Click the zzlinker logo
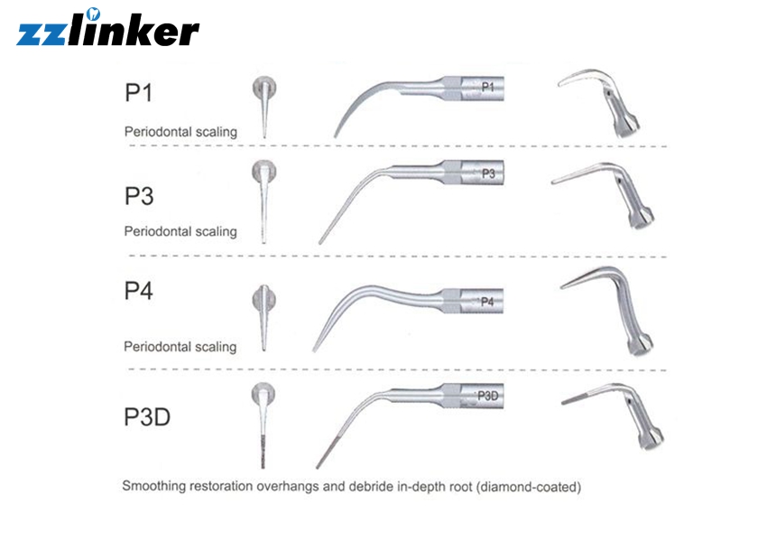point(107,28)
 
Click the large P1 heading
point(139,92)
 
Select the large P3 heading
point(139,196)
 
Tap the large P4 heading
point(139,291)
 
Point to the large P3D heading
point(147,416)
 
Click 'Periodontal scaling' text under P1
point(180,132)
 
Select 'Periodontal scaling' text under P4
point(180,347)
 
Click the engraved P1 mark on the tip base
point(488,87)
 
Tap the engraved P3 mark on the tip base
point(488,173)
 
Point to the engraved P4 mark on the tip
point(487,302)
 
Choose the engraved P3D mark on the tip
point(488,396)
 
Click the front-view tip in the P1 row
point(264,107)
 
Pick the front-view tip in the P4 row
point(264,317)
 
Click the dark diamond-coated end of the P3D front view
point(263,452)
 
